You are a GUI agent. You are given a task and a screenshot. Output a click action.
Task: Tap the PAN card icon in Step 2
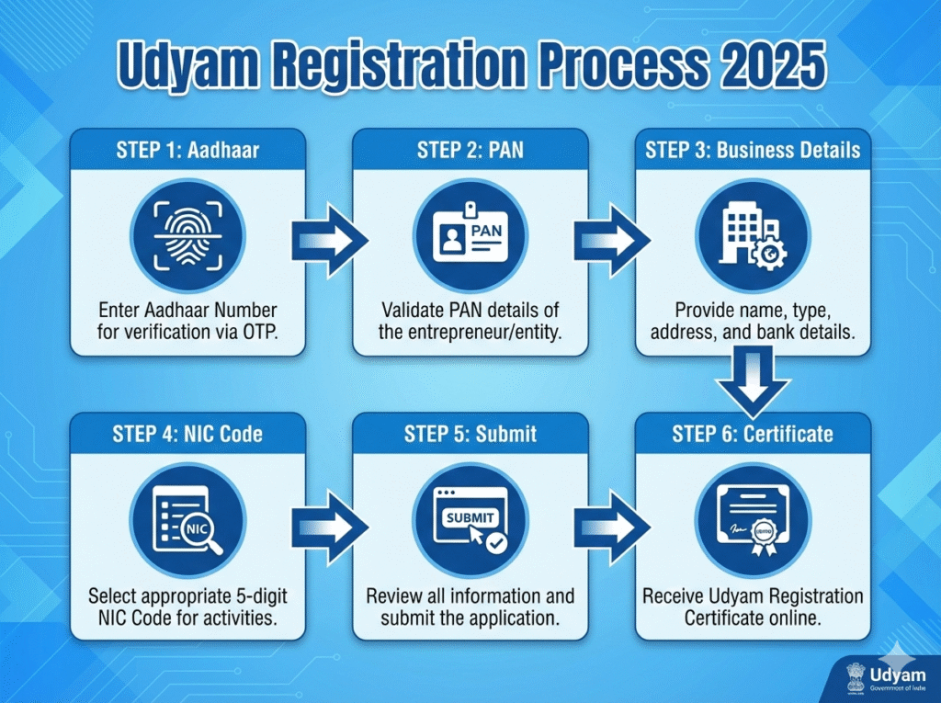470,236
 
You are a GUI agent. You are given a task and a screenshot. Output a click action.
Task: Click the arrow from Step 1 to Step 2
328,241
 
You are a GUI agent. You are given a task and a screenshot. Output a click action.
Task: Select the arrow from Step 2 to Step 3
610,241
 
